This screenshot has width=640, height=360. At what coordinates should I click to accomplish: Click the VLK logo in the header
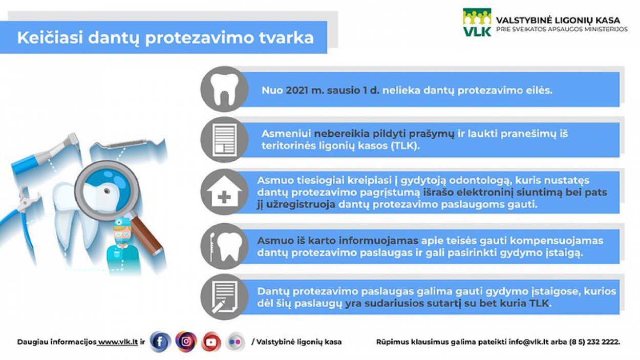(477, 23)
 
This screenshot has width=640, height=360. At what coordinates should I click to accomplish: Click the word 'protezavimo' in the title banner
(200, 38)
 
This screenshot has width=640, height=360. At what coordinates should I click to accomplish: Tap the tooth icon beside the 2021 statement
(224, 89)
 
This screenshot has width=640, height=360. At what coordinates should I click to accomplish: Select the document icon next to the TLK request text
(225, 140)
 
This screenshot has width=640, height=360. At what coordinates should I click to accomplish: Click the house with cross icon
(224, 192)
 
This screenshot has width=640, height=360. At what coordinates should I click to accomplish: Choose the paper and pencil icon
(224, 297)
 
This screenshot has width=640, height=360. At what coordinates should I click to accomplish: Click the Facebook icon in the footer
(160, 342)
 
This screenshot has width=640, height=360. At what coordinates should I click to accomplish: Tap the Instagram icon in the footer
(186, 342)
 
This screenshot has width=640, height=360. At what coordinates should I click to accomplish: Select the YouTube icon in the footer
(211, 342)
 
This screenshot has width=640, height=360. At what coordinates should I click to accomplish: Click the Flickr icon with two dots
(235, 342)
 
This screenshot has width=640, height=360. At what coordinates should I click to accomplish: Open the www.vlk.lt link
(118, 342)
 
